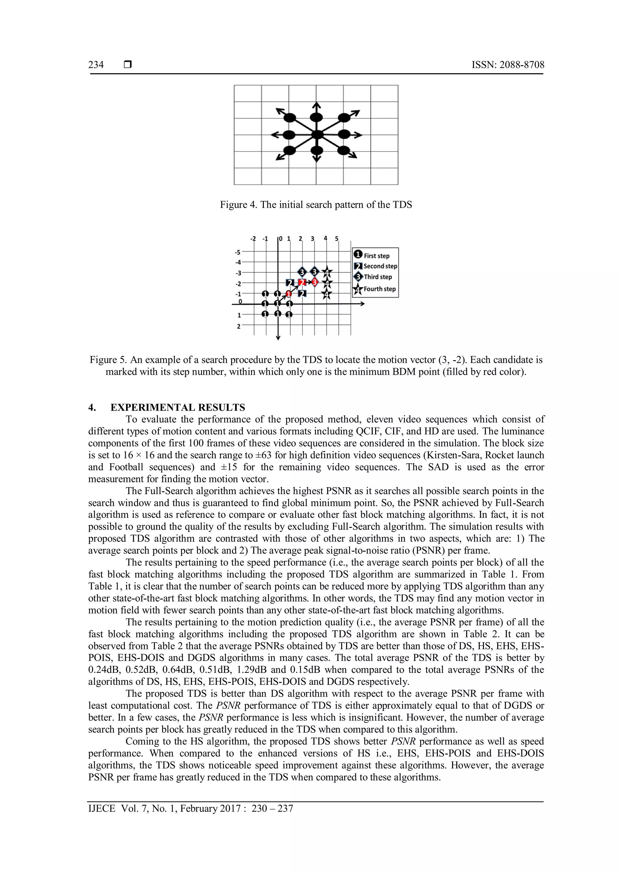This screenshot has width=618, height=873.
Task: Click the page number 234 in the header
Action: pos(96,65)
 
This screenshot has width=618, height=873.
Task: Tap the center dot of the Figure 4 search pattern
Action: pos(317,135)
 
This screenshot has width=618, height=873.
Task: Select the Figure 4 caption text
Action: pos(316,205)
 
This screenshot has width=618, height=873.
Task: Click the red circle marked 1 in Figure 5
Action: pos(289,294)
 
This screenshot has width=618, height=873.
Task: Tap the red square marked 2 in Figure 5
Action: pos(303,282)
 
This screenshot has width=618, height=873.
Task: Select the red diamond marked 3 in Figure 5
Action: pos(315,282)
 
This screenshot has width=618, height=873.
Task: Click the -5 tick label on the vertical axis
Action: pos(237,252)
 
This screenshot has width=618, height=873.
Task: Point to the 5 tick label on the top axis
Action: pos(337,239)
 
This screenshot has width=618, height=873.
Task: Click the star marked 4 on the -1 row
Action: pos(327,294)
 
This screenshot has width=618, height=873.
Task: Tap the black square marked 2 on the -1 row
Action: pos(303,294)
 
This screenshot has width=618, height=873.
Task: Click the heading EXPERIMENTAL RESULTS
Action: pos(178,408)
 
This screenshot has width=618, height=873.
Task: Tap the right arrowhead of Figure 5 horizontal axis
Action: pos(362,304)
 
